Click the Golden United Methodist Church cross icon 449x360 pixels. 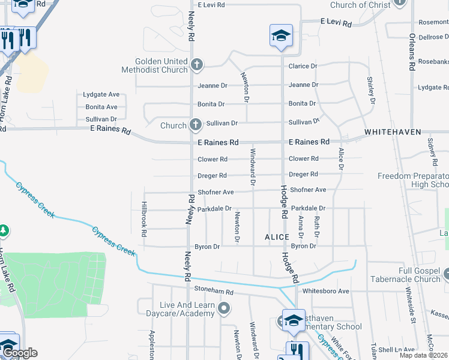tap(196, 64)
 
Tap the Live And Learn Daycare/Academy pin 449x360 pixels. tap(224, 309)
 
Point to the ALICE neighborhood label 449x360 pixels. tap(277, 237)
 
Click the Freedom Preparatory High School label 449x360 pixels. tap(413, 180)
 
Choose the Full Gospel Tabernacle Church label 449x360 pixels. tap(406, 274)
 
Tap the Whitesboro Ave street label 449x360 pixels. tap(326, 291)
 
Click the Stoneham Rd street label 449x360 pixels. tap(213, 291)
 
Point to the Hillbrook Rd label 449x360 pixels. tap(144, 214)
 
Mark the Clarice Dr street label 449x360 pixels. tap(303, 66)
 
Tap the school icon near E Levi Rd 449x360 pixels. tap(280, 37)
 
